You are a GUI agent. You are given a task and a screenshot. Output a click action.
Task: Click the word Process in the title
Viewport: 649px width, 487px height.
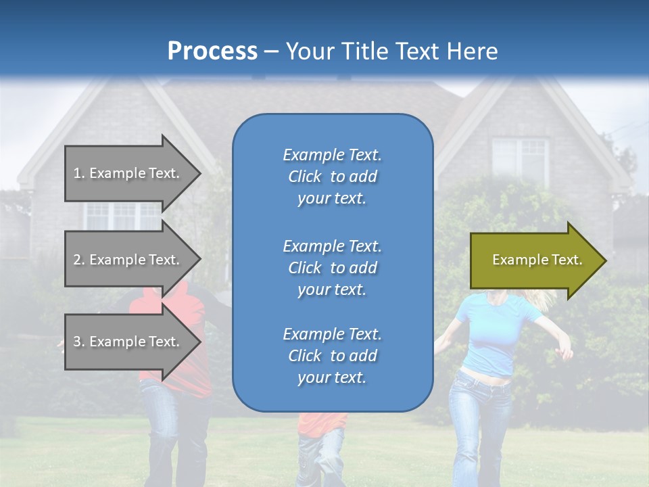tap(212, 51)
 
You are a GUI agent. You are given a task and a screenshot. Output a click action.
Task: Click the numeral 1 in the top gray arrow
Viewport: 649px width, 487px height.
tap(77, 173)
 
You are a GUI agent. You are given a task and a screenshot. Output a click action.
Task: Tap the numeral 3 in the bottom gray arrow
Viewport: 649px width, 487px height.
tap(77, 342)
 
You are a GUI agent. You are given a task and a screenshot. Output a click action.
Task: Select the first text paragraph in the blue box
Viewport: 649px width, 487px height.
tap(332, 177)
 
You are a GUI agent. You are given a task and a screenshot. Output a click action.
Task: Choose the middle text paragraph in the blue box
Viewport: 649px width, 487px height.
tap(332, 268)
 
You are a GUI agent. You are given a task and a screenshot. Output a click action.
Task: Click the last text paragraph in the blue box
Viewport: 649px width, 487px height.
tap(332, 356)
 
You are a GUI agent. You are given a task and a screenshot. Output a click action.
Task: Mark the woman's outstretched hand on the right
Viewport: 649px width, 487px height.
tap(565, 352)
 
